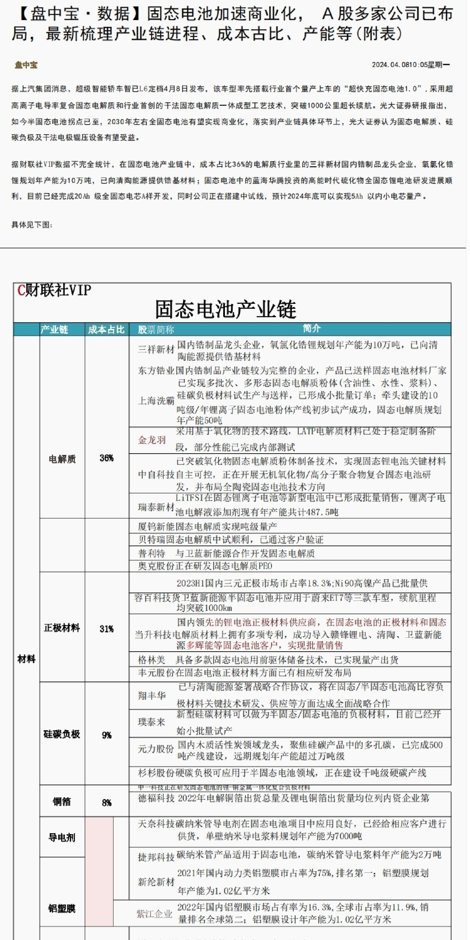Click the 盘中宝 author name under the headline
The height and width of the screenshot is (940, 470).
coord(26,65)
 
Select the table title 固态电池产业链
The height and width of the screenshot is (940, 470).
coord(225,309)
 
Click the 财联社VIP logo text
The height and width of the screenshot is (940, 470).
coord(54,290)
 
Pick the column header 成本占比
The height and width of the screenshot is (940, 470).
coord(106,330)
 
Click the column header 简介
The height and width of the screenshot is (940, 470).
coord(312,328)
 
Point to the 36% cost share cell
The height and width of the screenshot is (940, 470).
coord(106,458)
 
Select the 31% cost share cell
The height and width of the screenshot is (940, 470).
coord(106,628)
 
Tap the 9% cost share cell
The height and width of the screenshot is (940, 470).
coord(106,735)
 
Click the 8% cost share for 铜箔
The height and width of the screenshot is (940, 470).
coord(106,802)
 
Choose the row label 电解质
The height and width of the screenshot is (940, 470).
coord(62,459)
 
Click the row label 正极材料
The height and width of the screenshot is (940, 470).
coord(62,628)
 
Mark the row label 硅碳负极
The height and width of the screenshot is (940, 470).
coord(62,734)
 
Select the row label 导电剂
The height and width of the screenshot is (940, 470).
coord(62,838)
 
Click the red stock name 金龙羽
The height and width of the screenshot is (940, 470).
coord(152,440)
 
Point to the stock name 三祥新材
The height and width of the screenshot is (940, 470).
coord(156,350)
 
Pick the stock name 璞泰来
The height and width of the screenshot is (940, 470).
coord(152,722)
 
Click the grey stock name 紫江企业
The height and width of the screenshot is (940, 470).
coord(154,914)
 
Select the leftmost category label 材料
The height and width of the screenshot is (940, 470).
coord(26,659)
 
